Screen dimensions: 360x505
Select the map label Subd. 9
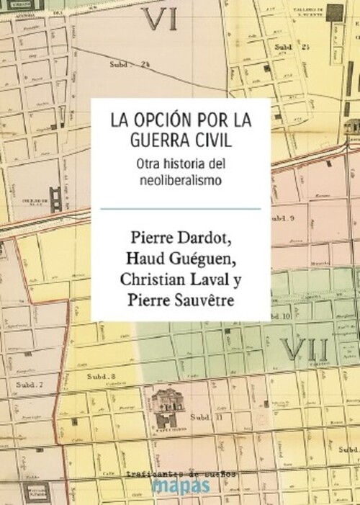tap(287, 217)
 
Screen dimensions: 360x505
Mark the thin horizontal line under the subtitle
tap(180, 208)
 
